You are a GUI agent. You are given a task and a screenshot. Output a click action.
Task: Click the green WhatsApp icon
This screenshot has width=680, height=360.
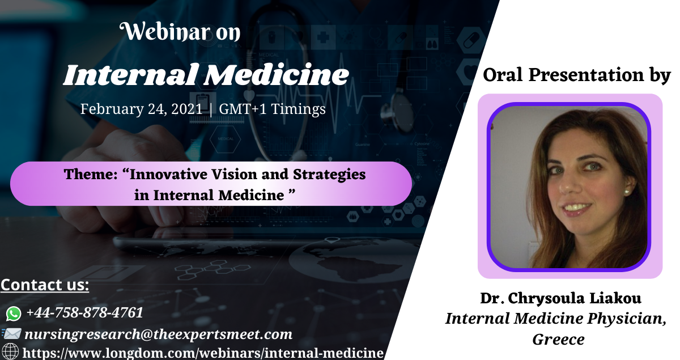pos(14,314)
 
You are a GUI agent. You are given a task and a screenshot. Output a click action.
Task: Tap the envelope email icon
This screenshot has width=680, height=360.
pos(11,334)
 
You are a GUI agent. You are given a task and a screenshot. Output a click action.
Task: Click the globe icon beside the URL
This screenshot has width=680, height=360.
pos(10,352)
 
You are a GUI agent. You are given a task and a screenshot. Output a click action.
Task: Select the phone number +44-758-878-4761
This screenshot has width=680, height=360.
pos(84,312)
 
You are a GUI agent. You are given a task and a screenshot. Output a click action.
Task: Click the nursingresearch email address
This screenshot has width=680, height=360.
pos(158,334)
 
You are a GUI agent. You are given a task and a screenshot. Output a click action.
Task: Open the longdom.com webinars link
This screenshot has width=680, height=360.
pos(203,353)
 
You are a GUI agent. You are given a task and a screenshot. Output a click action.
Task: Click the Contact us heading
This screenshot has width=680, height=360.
pos(45,285)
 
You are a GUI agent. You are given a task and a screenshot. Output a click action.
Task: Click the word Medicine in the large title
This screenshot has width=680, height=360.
pos(277,74)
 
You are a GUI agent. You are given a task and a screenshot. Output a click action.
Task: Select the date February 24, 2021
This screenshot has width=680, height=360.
pos(141,109)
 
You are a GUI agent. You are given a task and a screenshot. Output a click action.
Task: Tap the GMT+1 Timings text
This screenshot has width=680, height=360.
pos(273,109)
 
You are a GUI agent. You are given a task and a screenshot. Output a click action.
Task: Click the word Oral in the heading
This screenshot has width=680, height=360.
pos(503,75)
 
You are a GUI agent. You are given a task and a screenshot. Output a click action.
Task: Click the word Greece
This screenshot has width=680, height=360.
pos(559,340)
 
